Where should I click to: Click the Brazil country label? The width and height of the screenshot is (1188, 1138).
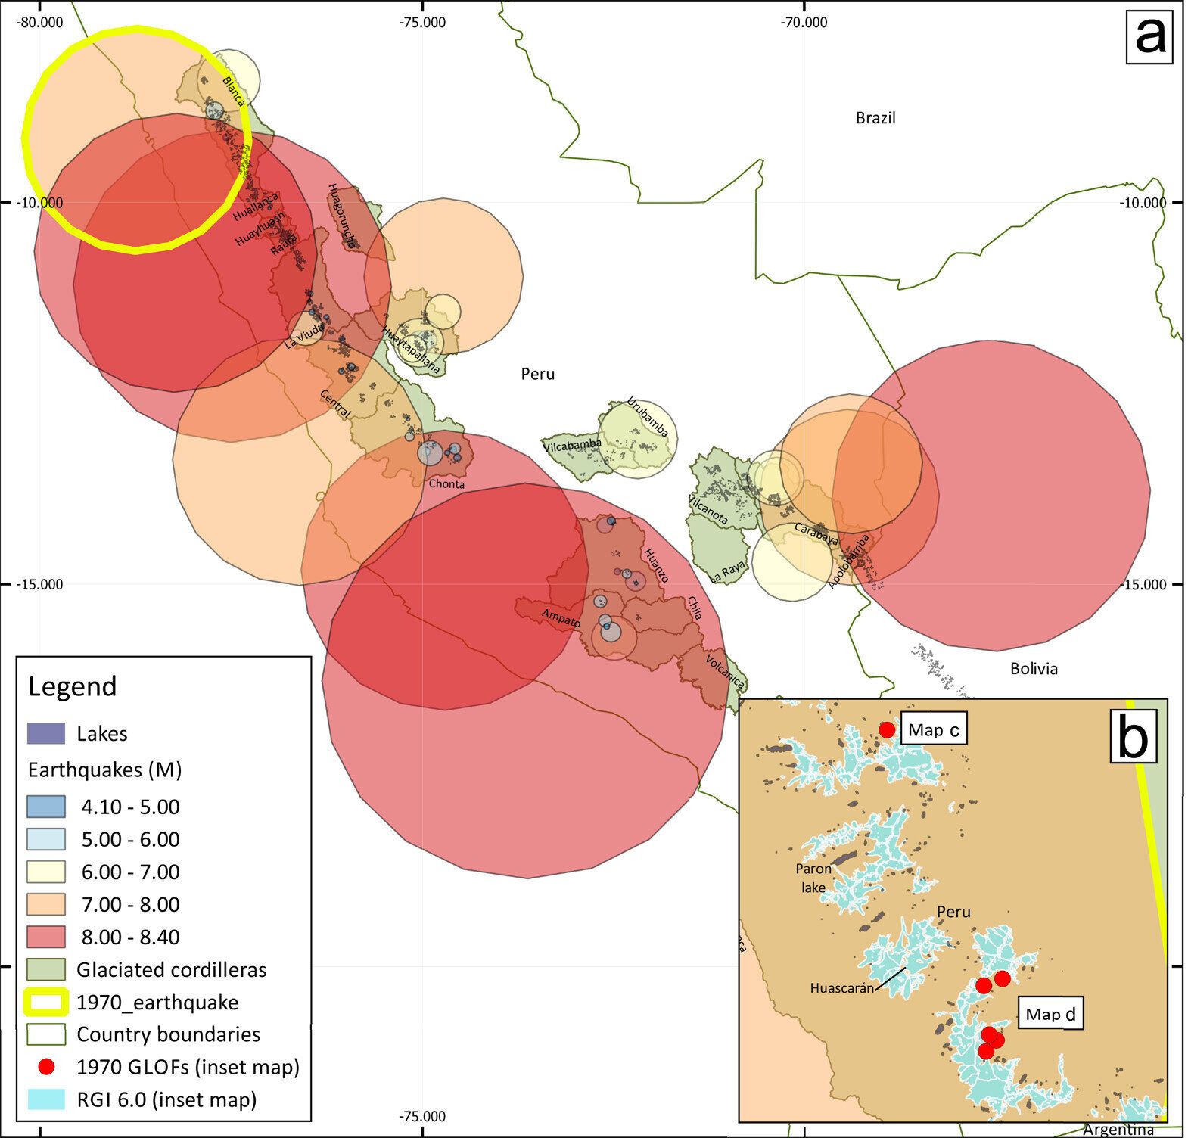(875, 118)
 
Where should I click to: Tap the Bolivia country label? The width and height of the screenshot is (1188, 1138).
(1033, 669)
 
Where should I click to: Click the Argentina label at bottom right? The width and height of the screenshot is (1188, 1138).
(1118, 1130)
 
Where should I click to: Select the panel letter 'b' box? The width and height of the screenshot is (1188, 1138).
(1132, 738)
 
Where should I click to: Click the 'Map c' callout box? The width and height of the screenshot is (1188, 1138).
(934, 730)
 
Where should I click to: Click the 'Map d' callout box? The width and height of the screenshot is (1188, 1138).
(1050, 1015)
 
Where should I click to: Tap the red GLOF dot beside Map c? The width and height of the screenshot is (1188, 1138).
(887, 729)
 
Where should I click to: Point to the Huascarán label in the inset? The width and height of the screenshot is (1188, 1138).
(841, 988)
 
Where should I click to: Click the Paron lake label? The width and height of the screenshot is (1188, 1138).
(813, 878)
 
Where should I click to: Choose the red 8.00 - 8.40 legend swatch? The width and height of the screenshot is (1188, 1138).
(46, 937)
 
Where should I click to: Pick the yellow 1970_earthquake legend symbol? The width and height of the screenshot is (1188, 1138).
(46, 1002)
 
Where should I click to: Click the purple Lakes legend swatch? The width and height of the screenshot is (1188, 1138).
(46, 733)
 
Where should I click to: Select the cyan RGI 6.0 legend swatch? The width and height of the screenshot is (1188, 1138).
(46, 1099)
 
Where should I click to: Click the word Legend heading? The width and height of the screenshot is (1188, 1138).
(73, 686)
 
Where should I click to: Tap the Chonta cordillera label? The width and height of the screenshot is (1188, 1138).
(446, 484)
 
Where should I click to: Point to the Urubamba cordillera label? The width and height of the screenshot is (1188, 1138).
(648, 418)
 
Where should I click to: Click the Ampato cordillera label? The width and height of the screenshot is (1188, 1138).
(561, 618)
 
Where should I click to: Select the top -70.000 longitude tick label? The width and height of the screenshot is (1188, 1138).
(806, 22)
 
